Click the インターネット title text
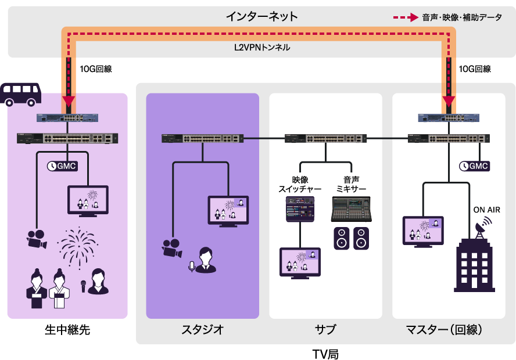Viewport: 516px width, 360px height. pos(261,16)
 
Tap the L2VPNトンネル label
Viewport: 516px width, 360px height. pos(257,48)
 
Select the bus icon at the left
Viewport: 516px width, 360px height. pos(21,94)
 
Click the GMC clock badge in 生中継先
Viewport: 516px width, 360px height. pos(62,166)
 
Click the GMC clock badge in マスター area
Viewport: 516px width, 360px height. pos(474,166)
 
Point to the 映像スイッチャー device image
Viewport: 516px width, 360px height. pos(300,209)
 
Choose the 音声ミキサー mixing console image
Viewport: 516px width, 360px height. pos(351,209)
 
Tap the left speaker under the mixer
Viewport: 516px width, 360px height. pos(342,238)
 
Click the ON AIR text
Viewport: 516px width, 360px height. pos(486,210)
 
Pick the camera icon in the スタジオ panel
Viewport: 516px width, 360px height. pos(171,248)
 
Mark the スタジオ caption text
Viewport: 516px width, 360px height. pos(202,330)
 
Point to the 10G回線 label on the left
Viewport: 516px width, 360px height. pos(95,69)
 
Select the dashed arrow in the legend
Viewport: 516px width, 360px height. pos(405,17)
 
